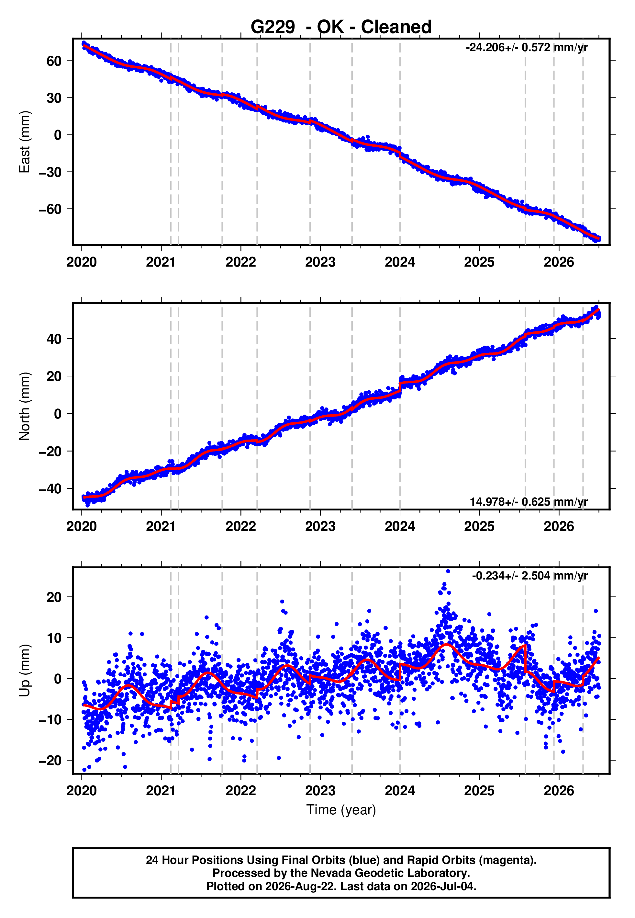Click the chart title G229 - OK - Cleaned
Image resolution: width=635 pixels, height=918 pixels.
pos(341,27)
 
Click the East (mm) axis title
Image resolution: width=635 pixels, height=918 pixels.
pos(25,142)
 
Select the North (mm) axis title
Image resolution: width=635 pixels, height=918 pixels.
pos(25,406)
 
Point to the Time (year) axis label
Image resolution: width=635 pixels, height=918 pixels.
pos(341,810)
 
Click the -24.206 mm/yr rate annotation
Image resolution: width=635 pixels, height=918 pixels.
pos(527,47)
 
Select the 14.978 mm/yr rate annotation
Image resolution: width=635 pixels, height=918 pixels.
pos(529,501)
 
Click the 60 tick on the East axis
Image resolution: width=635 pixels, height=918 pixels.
pos(54,61)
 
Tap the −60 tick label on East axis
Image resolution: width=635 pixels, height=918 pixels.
pos(50,209)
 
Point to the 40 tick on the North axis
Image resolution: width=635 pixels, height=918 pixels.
pos(54,339)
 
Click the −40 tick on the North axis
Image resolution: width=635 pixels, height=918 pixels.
pos(50,488)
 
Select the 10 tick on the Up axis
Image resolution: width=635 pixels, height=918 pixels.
pos(54,638)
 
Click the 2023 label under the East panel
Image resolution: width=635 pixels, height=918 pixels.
pos(320,262)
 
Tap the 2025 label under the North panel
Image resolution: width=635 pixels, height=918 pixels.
pos(479,526)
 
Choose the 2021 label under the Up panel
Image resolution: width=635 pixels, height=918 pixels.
pos(161,791)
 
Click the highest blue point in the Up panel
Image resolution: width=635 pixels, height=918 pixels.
pos(448,571)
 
